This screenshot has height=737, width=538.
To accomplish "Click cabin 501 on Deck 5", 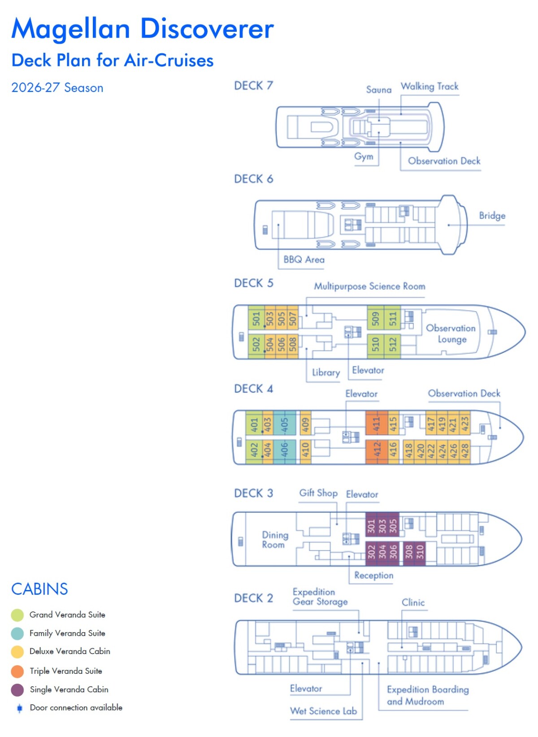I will point(256,318).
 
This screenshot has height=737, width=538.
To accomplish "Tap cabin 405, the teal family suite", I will point(284,424).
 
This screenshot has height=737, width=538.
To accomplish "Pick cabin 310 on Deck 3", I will point(420,551).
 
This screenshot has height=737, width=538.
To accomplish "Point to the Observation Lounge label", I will point(451,334).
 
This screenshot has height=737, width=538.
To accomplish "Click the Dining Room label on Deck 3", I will point(275,540).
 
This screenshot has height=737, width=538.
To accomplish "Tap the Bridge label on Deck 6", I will point(492,216).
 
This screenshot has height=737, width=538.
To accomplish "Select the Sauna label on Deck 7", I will point(378,90).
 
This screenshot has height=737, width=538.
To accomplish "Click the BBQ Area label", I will point(304,260).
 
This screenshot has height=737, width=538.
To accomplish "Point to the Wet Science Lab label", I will point(323,711).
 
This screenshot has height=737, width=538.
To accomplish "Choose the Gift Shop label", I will point(318,493).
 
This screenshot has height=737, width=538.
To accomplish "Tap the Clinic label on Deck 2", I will point(413,603).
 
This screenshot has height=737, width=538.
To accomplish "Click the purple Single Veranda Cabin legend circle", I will point(17,690).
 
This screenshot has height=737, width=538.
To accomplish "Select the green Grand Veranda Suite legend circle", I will point(17,615).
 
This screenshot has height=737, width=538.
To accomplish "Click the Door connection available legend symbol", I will point(19,708).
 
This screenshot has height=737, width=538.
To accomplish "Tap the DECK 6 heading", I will point(253,179).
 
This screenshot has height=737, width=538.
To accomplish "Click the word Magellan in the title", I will point(71,29).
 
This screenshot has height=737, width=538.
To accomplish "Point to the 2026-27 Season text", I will point(57,88).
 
